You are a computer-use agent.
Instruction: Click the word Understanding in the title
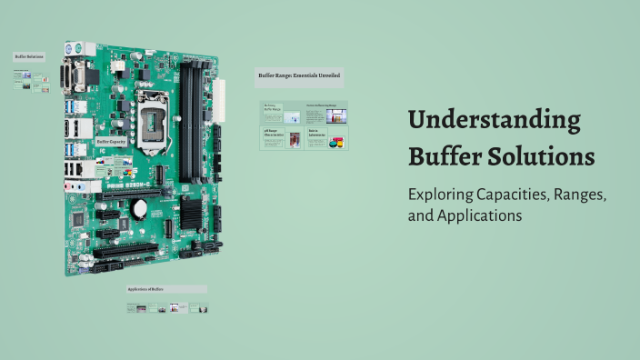pos(495,120)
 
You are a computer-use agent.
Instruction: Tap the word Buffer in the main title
pos(442,155)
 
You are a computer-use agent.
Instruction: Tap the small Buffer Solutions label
pos(28,56)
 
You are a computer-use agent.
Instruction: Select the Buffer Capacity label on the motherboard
pos(110,142)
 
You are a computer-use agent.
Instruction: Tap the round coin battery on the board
pos(140,208)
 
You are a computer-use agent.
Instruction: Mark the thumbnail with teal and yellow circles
pos(336,143)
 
